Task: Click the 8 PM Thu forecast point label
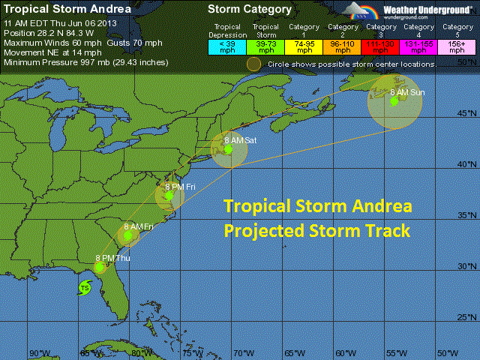coord(112,258)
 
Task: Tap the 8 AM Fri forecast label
coord(139,226)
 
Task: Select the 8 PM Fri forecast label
coord(181,187)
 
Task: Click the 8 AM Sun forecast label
coord(407,91)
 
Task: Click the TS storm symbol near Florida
coord(84,288)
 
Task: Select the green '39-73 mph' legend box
coord(264,46)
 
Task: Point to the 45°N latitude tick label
coord(466,114)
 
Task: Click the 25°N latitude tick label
coord(466,317)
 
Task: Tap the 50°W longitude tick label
coord(448,353)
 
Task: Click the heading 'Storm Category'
coord(250,10)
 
